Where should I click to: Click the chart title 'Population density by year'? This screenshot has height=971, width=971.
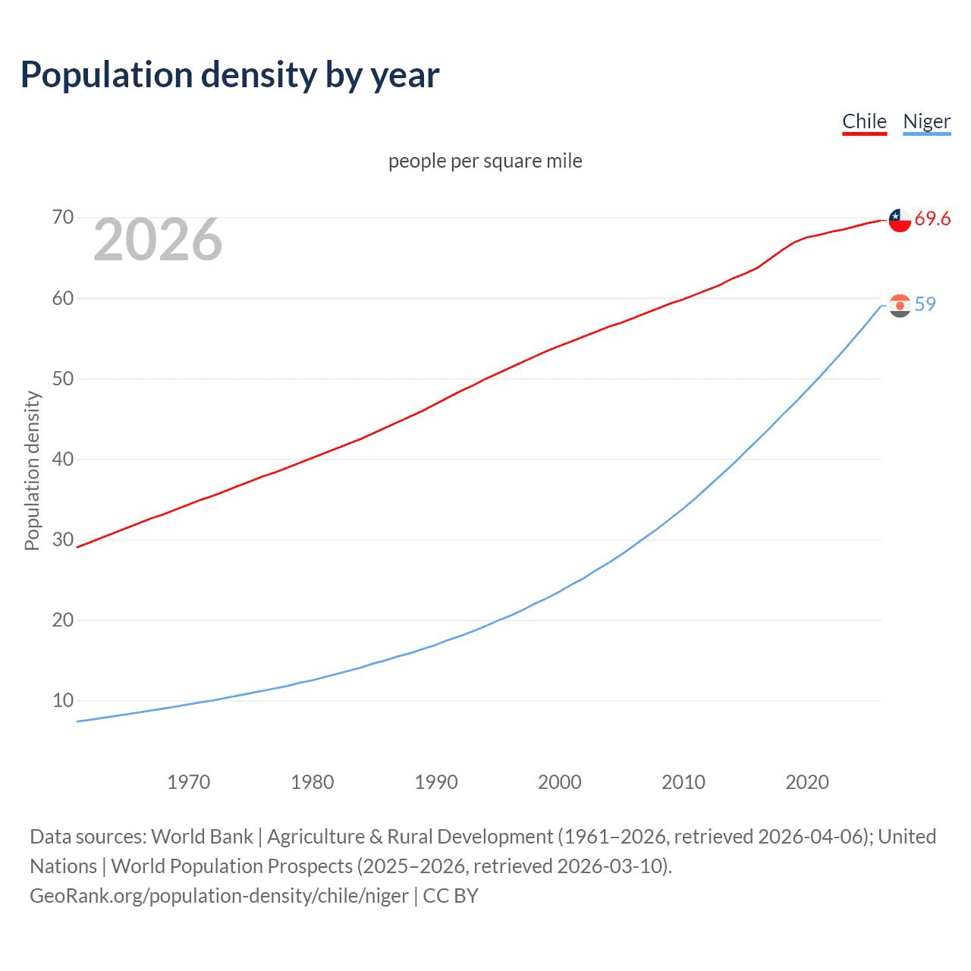[230, 75]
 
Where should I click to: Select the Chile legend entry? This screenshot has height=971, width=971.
[864, 121]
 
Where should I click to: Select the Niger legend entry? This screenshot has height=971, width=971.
[926, 121]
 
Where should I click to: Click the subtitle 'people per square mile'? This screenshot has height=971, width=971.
[485, 161]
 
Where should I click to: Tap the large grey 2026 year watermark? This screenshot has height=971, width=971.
[158, 240]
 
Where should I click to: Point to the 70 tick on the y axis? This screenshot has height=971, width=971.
[63, 218]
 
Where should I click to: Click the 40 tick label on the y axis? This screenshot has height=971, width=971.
[63, 459]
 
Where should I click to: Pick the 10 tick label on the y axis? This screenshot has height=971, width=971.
[63, 700]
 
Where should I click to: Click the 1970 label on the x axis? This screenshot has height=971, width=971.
[188, 782]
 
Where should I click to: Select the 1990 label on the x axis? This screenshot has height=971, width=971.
[436, 782]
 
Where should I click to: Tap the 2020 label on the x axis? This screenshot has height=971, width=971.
[807, 782]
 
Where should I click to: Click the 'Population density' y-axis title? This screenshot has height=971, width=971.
[32, 470]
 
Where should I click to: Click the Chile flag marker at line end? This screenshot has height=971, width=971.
[900, 220]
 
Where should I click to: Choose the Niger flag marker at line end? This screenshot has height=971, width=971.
[900, 306]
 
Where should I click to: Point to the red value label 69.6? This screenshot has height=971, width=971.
[932, 219]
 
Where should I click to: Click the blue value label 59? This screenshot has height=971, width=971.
[925, 304]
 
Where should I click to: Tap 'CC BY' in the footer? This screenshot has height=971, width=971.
[451, 896]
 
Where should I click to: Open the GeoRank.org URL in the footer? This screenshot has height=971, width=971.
[219, 896]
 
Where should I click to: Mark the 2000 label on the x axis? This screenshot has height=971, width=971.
[560, 782]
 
